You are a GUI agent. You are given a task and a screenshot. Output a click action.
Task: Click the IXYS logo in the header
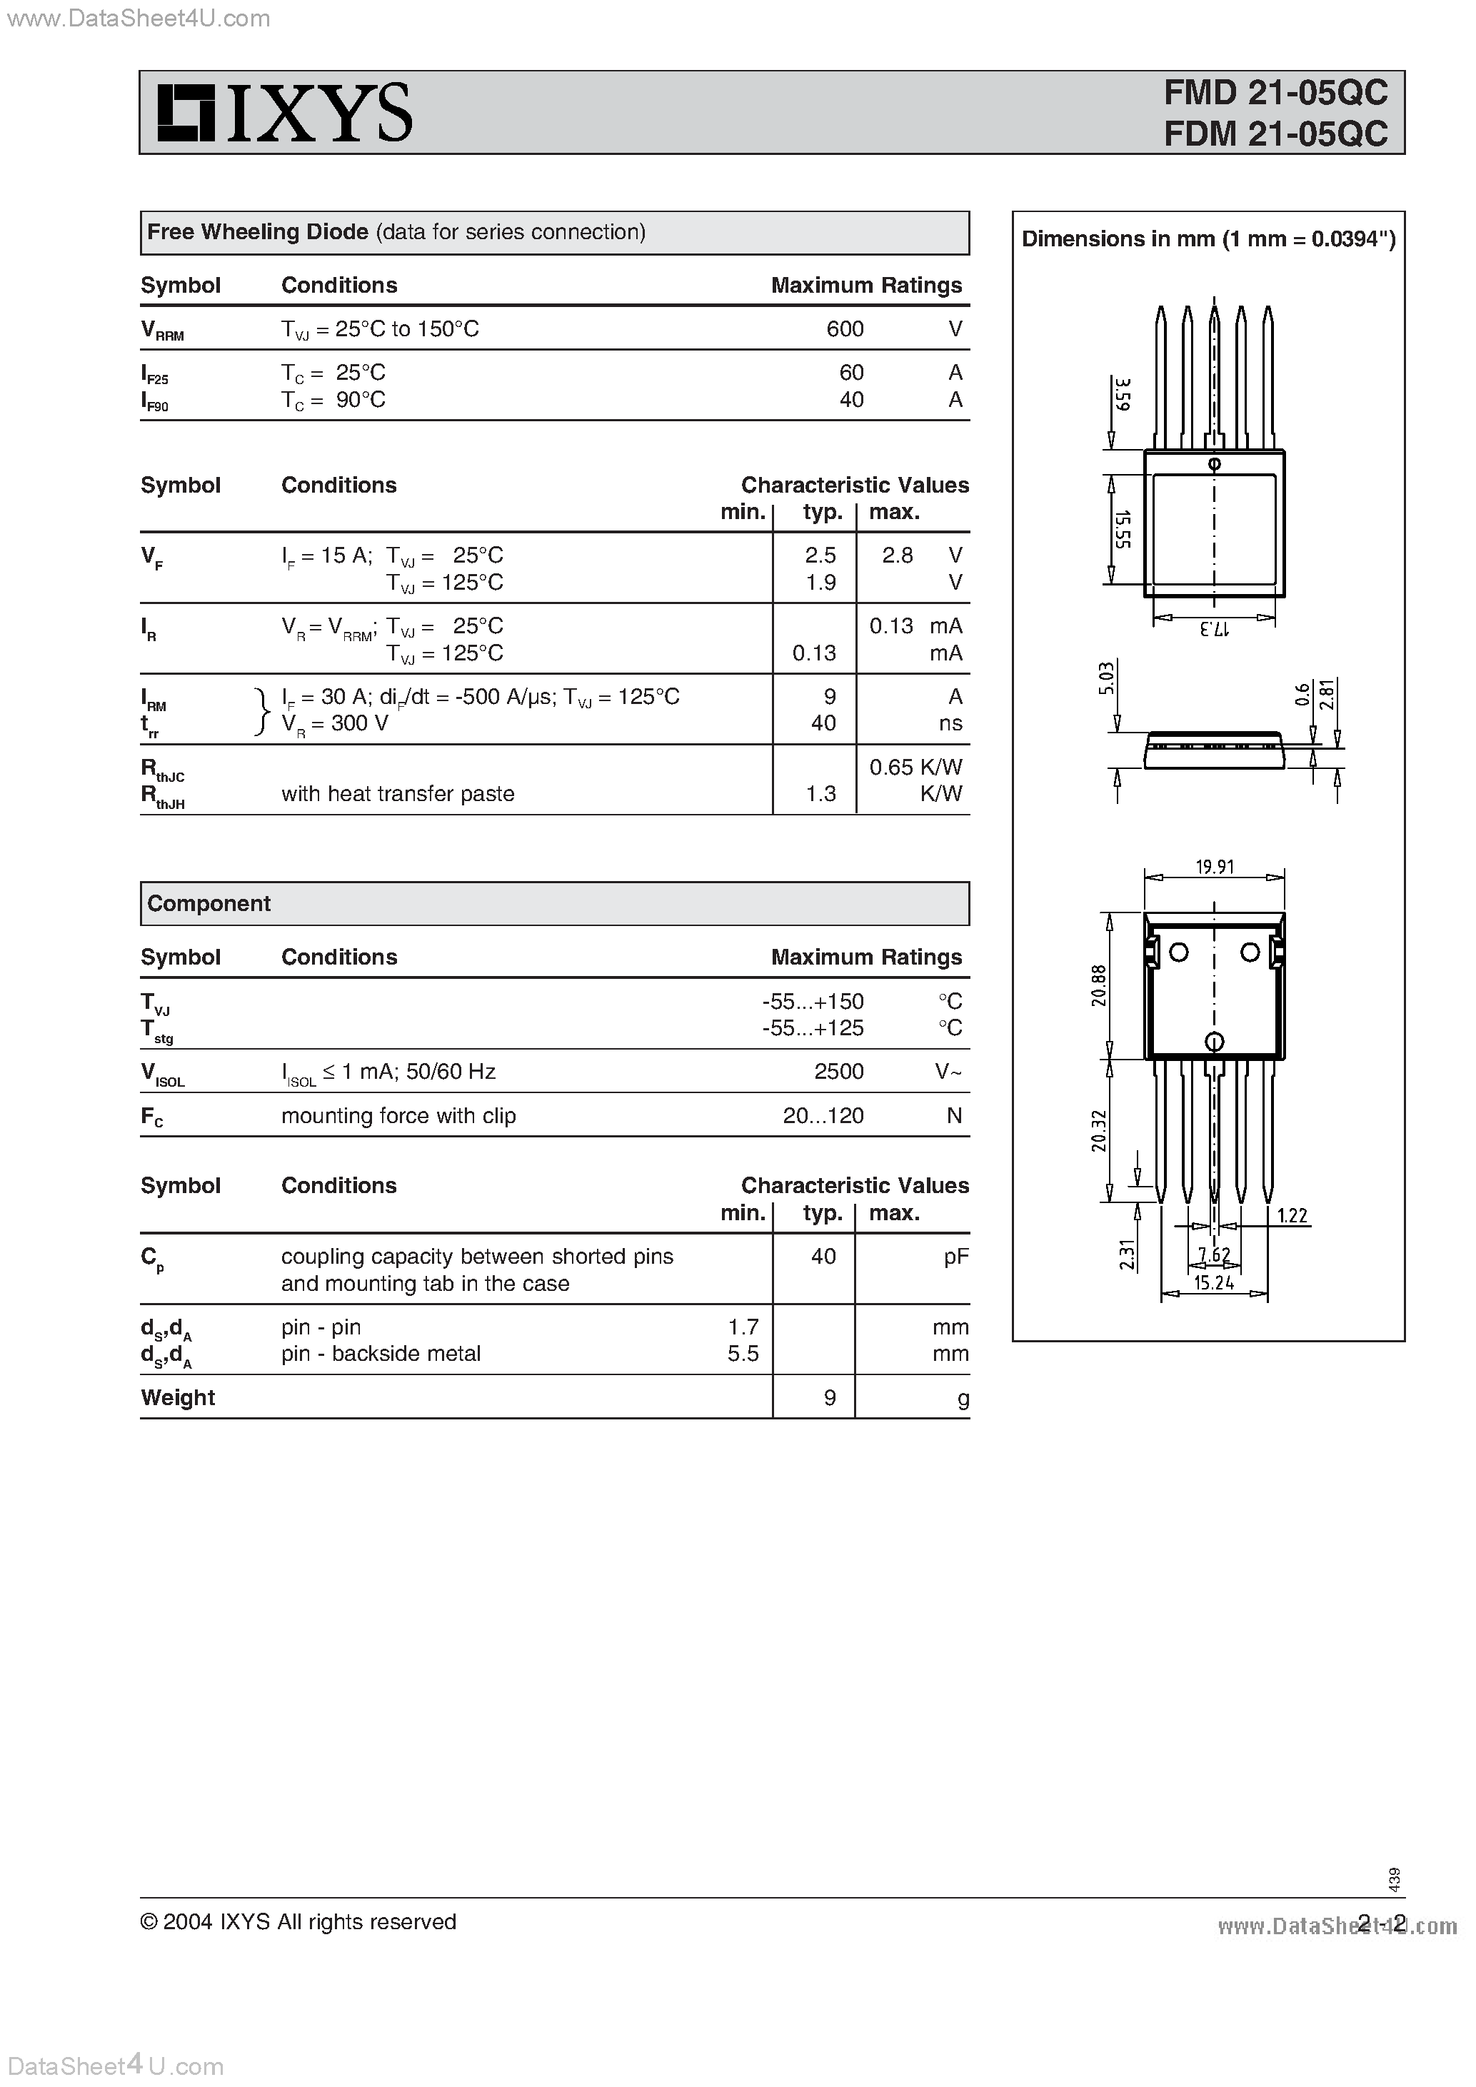[x=284, y=113]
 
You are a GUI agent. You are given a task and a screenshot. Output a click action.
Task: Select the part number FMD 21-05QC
[x=1275, y=93]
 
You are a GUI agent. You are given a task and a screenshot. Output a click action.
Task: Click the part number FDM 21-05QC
[x=1275, y=134]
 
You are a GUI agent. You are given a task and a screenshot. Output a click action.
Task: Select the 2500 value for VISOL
[x=838, y=1072]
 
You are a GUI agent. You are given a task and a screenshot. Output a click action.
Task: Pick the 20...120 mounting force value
[x=823, y=1115]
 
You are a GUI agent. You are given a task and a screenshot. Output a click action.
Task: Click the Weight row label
[x=178, y=1397]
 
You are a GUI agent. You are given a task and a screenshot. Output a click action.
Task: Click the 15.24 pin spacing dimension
[x=1213, y=1282]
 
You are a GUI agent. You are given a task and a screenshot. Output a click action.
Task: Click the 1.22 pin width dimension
[x=1292, y=1215]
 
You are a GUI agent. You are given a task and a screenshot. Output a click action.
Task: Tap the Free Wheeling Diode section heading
[x=257, y=233]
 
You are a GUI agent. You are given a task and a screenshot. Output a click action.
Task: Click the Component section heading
[x=209, y=903]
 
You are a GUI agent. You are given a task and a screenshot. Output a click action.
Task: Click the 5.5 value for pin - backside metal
[x=743, y=1354]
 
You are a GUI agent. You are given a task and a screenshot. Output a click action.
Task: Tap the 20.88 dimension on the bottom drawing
[x=1100, y=985]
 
